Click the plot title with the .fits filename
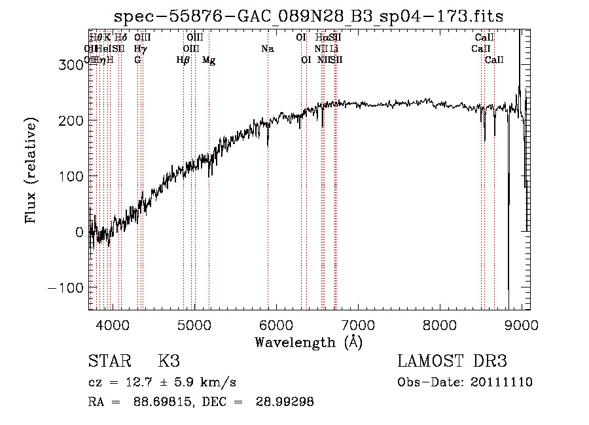(x=309, y=16)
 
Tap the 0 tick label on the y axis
(x=79, y=232)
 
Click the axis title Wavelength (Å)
(x=308, y=342)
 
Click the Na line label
(x=267, y=49)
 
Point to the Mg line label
(x=208, y=60)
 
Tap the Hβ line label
(x=183, y=60)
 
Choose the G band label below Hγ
(x=137, y=60)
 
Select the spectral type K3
(x=169, y=361)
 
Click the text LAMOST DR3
(x=452, y=361)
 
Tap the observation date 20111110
(x=501, y=382)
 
